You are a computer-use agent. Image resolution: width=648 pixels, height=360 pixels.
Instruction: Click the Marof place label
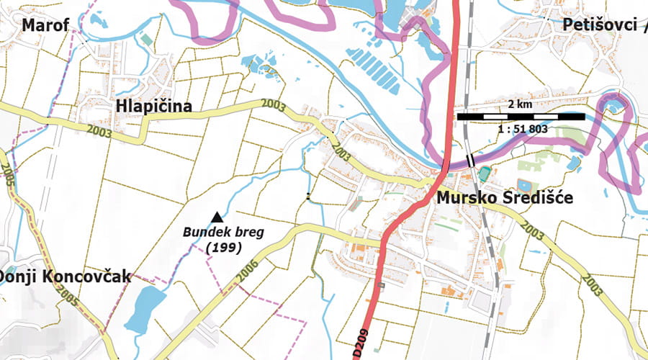[x=45, y=26]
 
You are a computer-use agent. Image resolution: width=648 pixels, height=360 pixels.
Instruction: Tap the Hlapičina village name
[x=153, y=107]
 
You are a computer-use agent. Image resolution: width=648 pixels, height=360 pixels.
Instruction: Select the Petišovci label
[x=602, y=26]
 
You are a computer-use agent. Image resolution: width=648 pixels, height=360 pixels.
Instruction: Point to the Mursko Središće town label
[x=504, y=198]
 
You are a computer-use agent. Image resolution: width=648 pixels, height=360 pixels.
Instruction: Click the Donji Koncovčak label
[x=66, y=276]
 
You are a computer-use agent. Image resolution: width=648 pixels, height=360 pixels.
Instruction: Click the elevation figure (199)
[x=222, y=247]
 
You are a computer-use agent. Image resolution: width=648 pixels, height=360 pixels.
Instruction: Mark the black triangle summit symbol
[x=216, y=216]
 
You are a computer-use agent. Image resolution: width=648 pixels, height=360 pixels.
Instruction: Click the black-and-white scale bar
[x=520, y=116]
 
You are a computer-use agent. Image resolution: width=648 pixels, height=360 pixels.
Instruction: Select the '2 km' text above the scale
[x=520, y=104]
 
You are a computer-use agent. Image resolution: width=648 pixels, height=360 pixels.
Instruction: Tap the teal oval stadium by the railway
[x=485, y=174]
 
